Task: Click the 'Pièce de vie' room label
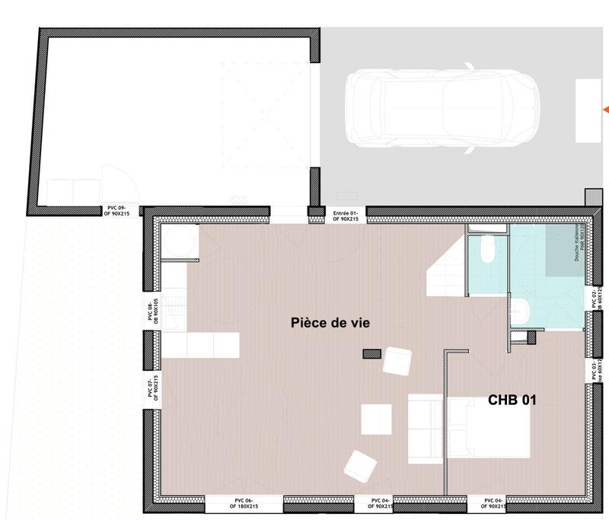pyautogui.click(x=330, y=323)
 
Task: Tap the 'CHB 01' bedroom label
pyautogui.click(x=512, y=398)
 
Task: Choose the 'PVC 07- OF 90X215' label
pyautogui.click(x=150, y=388)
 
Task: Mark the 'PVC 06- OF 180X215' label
pyautogui.click(x=244, y=504)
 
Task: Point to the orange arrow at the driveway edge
pyautogui.click(x=606, y=109)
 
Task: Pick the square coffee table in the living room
pyautogui.click(x=375, y=418)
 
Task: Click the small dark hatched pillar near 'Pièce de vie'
pyautogui.click(x=371, y=353)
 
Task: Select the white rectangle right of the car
pyautogui.click(x=588, y=110)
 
